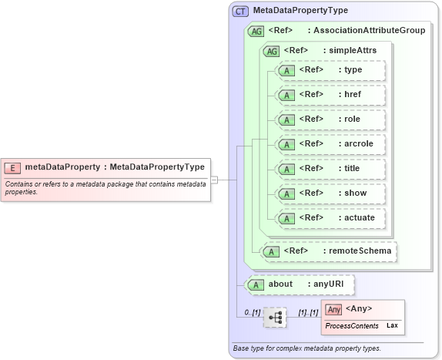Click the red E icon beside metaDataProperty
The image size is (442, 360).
click(13, 167)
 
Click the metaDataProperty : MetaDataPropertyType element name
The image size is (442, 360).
click(115, 167)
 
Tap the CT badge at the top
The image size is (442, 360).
click(240, 11)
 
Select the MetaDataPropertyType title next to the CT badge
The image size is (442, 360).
click(300, 11)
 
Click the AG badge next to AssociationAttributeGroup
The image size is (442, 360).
click(255, 31)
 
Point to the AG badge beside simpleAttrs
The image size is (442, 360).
click(271, 51)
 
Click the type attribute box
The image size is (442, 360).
click(329, 70)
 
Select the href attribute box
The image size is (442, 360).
click(329, 95)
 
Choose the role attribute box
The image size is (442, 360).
click(329, 119)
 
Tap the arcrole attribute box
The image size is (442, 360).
click(329, 144)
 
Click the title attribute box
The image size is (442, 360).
click(329, 169)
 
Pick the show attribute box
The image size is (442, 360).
click(329, 193)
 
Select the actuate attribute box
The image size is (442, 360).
click(329, 218)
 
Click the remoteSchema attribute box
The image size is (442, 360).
click(329, 251)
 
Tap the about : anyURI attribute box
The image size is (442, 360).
click(299, 284)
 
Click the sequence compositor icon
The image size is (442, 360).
click(274, 317)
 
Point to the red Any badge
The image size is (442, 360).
click(333, 310)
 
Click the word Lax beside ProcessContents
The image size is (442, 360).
click(391, 326)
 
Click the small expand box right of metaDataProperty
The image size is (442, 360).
click(215, 180)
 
